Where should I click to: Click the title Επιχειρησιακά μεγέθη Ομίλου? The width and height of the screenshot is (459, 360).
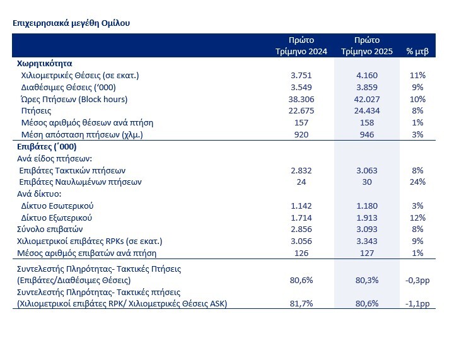[71, 23]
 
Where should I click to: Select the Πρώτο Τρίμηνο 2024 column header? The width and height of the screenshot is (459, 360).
[301, 45]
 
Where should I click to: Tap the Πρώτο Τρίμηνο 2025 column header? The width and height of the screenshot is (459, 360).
[366, 45]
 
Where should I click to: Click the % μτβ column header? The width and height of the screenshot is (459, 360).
[417, 51]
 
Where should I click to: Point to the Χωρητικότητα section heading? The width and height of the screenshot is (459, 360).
[44, 64]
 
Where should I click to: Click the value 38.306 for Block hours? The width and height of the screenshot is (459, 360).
[301, 99]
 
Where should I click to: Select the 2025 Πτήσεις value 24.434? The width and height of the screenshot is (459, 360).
[366, 110]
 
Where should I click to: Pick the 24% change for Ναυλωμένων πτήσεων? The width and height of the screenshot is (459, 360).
[417, 182]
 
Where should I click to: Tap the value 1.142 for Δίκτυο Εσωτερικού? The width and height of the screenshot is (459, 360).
[301, 206]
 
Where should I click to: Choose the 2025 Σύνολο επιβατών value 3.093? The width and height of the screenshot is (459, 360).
[366, 229]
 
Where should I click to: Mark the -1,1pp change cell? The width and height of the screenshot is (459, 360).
[417, 303]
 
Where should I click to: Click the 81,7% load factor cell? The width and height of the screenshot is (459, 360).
[301, 303]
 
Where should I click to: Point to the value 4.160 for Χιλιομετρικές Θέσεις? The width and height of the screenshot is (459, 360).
[366, 75]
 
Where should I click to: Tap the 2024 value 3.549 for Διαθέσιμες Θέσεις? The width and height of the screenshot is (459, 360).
[301, 87]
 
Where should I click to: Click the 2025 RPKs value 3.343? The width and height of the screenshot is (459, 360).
[366, 241]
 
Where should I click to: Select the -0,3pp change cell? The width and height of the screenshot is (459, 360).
[417, 279]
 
